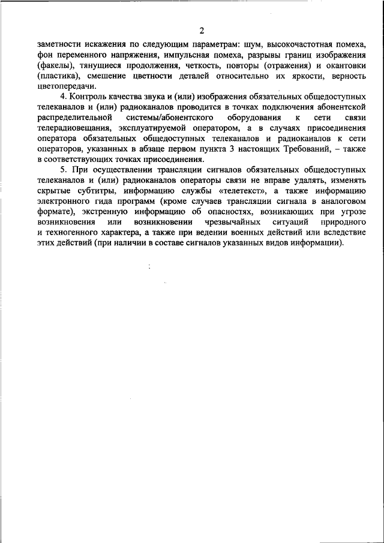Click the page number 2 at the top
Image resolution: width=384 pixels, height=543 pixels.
tap(202, 30)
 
